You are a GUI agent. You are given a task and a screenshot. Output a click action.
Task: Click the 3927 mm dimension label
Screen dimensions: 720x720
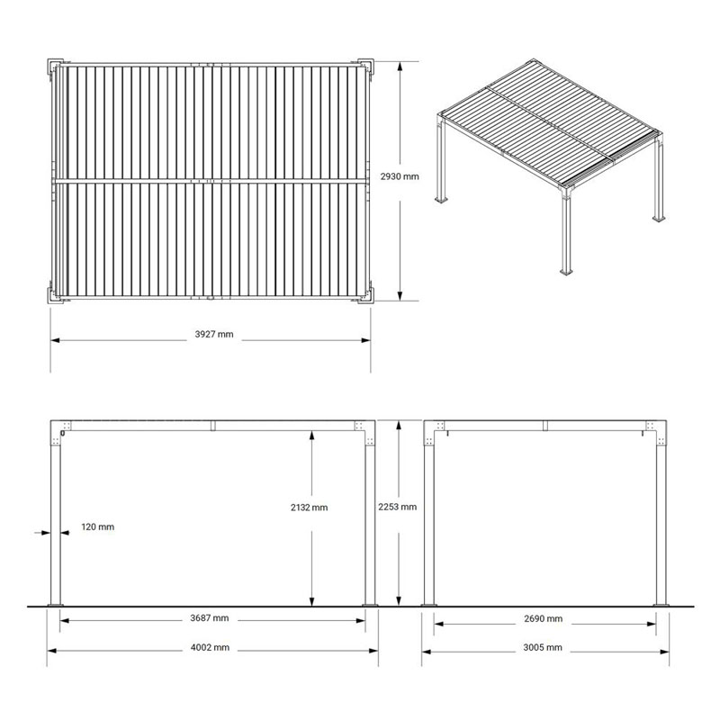(x=214, y=334)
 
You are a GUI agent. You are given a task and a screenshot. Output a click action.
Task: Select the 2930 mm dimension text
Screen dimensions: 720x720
(x=400, y=176)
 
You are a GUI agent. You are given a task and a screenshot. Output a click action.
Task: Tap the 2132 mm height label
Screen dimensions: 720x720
(x=309, y=508)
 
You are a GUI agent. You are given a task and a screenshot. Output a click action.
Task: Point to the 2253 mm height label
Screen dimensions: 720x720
(x=398, y=507)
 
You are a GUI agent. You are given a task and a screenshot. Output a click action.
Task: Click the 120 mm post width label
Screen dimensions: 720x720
(x=98, y=526)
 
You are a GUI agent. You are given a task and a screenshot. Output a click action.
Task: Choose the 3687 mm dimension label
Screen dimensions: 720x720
(x=210, y=618)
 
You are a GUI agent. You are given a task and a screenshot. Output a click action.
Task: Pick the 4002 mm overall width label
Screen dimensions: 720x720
(x=210, y=647)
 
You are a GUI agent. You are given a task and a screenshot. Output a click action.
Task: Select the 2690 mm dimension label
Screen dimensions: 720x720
(x=544, y=618)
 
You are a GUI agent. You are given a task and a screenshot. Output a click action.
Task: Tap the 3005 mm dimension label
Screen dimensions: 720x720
(x=543, y=647)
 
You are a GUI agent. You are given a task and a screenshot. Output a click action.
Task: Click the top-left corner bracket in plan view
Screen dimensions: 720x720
(x=56, y=66)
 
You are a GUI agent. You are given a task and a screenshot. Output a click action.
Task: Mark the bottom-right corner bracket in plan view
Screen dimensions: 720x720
(x=366, y=295)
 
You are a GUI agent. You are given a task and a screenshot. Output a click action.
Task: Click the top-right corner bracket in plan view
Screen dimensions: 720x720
(x=366, y=66)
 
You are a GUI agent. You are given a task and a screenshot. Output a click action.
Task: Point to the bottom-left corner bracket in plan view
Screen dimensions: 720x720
(x=56, y=295)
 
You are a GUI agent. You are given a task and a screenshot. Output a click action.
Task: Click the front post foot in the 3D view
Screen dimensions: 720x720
(x=566, y=272)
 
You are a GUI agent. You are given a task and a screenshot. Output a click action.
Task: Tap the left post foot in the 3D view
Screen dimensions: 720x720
(x=442, y=199)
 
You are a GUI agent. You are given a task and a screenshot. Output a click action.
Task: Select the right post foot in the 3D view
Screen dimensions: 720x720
(x=660, y=219)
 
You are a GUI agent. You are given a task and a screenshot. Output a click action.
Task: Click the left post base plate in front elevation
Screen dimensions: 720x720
(x=55, y=605)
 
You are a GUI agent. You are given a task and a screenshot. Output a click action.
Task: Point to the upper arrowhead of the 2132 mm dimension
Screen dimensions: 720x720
(x=311, y=436)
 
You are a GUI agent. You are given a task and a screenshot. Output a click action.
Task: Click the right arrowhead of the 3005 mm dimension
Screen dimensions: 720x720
(x=664, y=651)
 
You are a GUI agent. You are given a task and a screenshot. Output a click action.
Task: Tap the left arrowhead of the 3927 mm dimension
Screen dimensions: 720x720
(x=56, y=340)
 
